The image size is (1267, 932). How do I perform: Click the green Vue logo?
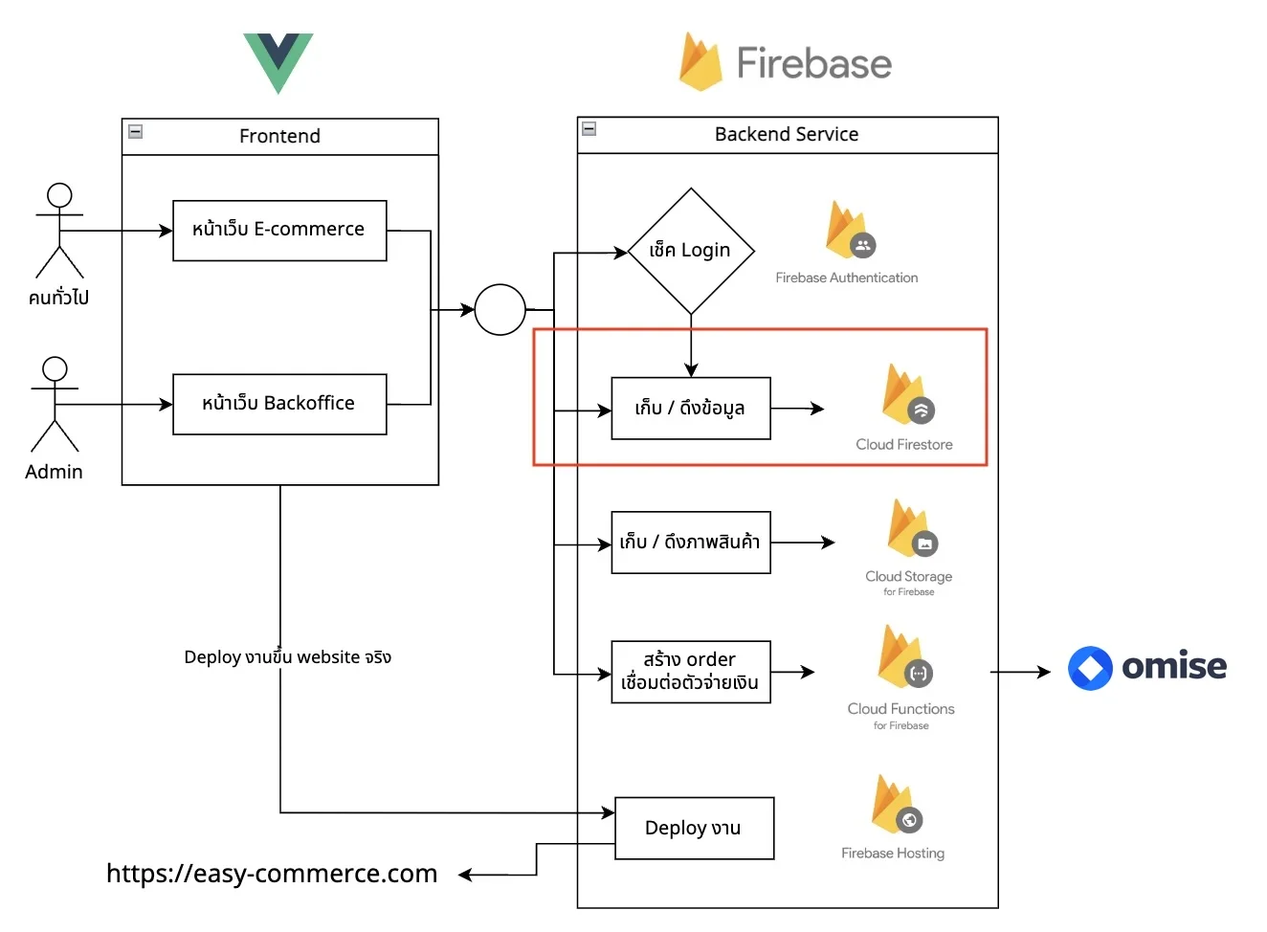point(278,63)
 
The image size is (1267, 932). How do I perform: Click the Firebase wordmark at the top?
point(814,63)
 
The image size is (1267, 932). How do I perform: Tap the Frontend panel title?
point(280,136)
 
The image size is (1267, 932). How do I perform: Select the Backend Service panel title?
point(787,135)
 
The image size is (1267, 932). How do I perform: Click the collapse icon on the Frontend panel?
point(135,132)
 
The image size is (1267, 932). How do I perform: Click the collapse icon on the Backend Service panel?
point(589,129)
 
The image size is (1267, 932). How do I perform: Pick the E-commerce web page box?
point(280,231)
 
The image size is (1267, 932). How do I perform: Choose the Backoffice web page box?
point(280,405)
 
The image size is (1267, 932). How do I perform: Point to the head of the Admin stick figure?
point(55,369)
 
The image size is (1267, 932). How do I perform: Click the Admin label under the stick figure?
point(54,473)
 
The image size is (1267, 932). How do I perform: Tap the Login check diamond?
point(691,251)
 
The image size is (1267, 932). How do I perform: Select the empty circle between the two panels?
point(500,310)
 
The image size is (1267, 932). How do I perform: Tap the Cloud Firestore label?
point(904,445)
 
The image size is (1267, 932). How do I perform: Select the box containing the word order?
point(691,673)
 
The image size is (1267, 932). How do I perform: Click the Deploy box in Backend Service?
point(695,829)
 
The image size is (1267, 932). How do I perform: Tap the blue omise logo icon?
point(1091,669)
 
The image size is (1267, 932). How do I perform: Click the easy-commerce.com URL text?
point(272,875)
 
